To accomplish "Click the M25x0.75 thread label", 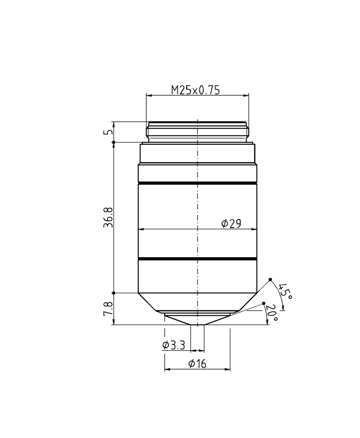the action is (195, 90).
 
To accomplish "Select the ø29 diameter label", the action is (231, 223).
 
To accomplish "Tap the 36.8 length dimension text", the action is (108, 217).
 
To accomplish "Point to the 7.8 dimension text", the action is (108, 308).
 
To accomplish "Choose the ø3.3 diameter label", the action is (174, 345).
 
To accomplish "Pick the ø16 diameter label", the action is (198, 363).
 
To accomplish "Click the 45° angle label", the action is (286, 291).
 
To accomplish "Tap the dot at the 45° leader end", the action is (270, 280).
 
